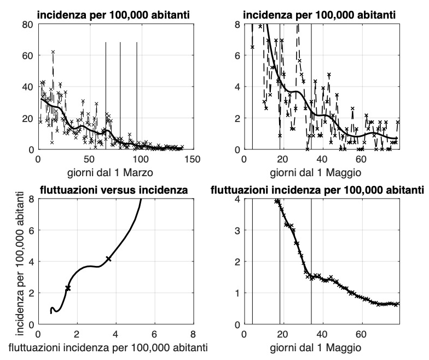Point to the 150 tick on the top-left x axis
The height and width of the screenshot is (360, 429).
pyautogui.click(x=192, y=159)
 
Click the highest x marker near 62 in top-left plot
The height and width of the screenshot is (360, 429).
pyautogui.click(x=53, y=51)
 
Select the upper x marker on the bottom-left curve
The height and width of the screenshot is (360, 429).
pyautogui.click(x=108, y=259)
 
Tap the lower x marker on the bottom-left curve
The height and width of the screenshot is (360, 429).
pyautogui.click(x=68, y=288)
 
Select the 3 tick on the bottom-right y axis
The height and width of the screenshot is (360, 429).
pyautogui.click(x=235, y=231)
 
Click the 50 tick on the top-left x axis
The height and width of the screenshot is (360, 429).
pyautogui.click(x=89, y=159)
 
